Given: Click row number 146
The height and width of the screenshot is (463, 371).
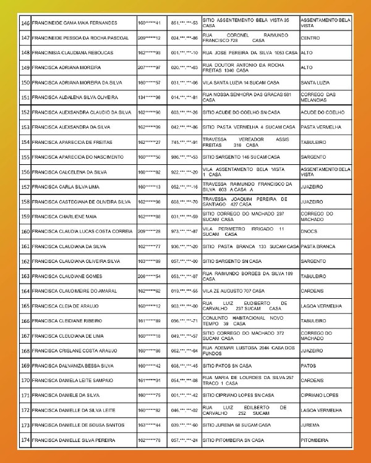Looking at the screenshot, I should [x=25, y=23].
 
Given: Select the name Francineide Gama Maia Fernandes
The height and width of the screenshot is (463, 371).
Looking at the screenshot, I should [x=74, y=23].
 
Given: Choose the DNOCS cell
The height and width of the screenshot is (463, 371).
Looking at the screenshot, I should [x=307, y=231].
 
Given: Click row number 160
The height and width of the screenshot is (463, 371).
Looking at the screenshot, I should [x=25, y=231].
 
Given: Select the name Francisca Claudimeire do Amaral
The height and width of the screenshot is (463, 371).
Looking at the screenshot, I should [x=73, y=291].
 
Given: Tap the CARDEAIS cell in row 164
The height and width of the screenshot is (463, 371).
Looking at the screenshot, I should [x=312, y=291].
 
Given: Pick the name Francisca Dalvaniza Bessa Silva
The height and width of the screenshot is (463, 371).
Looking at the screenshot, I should [x=74, y=365].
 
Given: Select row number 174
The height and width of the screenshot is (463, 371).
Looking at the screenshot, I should [x=25, y=440].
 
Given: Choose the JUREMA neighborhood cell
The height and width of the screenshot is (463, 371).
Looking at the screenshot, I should [x=310, y=425].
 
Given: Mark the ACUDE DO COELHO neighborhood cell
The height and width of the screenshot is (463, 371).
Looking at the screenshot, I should [x=322, y=112].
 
